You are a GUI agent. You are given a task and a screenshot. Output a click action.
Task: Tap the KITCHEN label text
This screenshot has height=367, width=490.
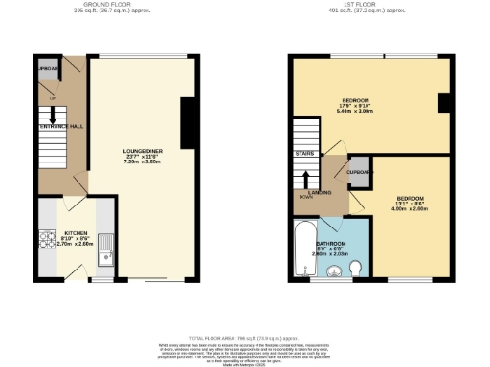(x=77, y=232)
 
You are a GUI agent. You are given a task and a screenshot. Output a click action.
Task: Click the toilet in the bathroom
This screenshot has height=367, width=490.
(x=355, y=268)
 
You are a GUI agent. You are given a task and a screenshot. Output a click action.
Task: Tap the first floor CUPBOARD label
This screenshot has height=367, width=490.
(x=360, y=172)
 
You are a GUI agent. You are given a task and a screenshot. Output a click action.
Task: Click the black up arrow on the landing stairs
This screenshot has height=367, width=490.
(x=306, y=179)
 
